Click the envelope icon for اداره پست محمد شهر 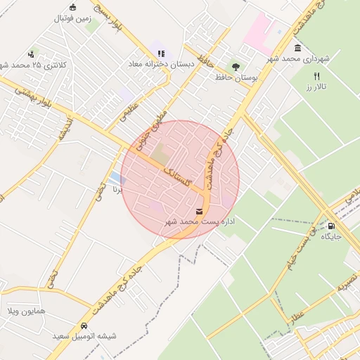coord(199,211)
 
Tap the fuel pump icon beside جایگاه coord(331,226)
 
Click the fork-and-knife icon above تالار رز coord(317,76)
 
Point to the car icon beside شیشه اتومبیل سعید coord(84,326)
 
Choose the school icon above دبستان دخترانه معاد coord(162,53)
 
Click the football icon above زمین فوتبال coord(72,8)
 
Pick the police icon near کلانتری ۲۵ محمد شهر coord(31,53)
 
